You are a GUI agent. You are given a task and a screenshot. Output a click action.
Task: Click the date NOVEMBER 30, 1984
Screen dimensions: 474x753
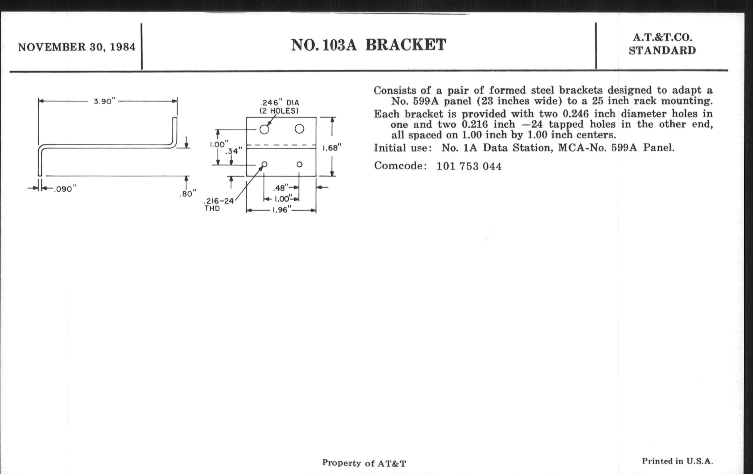point(76,47)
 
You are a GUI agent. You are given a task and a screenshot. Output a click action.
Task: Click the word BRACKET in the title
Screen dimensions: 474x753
point(406,45)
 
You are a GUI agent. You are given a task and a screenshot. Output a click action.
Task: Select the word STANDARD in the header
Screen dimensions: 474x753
point(662,51)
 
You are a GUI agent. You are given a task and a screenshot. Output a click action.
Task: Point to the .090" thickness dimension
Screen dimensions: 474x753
point(65,189)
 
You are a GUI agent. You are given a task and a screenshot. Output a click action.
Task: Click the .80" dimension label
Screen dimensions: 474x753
point(188,194)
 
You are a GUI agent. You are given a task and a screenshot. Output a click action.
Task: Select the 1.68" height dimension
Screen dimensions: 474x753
point(332,148)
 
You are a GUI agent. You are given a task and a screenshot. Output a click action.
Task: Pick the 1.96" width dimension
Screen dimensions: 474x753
point(280,210)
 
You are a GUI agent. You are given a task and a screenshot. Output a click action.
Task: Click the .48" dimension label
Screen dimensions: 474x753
point(280,188)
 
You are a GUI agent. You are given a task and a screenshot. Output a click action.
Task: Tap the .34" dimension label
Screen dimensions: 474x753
point(234,151)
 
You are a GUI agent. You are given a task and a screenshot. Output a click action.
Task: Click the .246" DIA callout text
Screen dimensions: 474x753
point(279,103)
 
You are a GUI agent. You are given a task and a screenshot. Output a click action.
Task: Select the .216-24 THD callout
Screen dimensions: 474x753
point(219,204)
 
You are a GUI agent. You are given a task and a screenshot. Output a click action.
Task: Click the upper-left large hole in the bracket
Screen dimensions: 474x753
point(264,129)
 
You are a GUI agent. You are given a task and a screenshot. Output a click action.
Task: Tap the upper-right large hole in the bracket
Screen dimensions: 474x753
point(299,129)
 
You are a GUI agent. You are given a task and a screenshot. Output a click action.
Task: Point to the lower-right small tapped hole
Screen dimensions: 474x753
point(299,164)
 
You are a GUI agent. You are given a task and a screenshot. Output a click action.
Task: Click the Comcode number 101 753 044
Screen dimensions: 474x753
point(469,166)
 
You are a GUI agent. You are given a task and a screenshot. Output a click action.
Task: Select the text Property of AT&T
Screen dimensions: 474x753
point(364,463)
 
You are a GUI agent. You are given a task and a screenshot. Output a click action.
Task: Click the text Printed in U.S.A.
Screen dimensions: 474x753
point(677,461)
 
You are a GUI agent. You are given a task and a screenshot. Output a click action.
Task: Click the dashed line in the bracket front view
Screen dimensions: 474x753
point(281,145)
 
